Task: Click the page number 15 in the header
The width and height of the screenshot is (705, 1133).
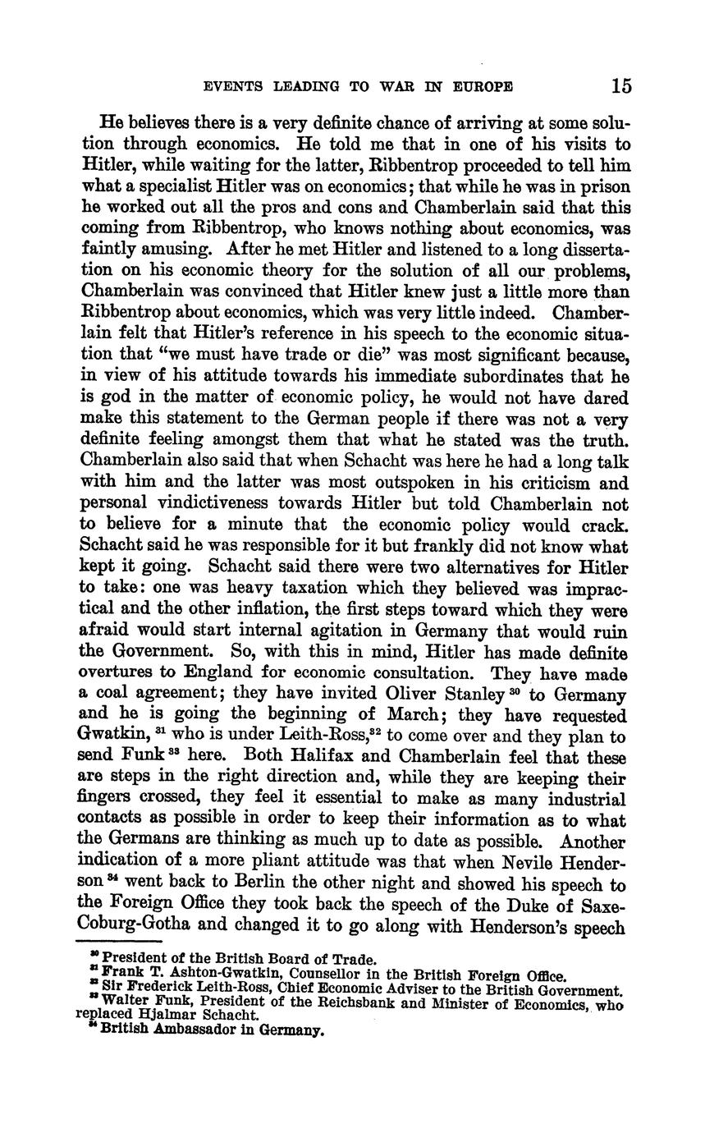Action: (620, 86)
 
